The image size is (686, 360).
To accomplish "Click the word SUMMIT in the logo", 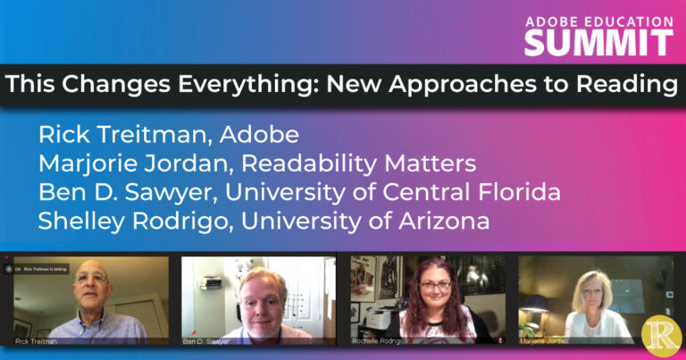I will tap(598, 41).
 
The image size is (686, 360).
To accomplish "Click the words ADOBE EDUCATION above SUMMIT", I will tap(598, 21).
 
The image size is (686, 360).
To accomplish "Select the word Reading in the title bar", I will tap(615, 87).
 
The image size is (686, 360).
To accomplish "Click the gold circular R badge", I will tap(660, 337).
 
